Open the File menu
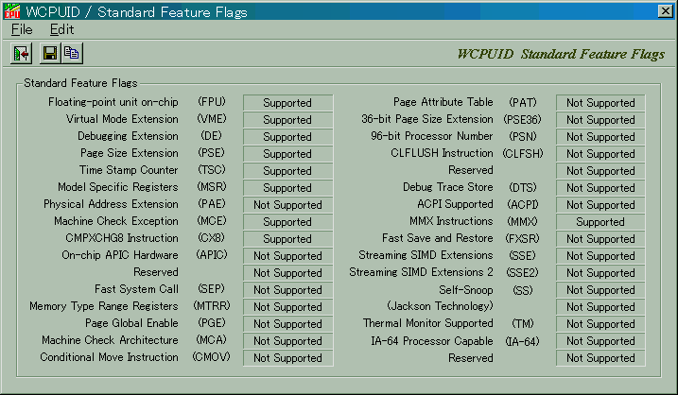(x=22, y=29)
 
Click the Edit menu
(x=61, y=29)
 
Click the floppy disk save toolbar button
(x=50, y=54)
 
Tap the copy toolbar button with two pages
(x=72, y=54)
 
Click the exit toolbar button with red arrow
(x=21, y=54)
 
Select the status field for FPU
(x=287, y=103)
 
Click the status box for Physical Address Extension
(x=287, y=205)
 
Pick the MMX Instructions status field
(x=600, y=222)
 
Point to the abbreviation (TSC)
(x=212, y=170)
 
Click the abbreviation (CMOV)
(x=212, y=357)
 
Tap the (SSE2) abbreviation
(x=522, y=272)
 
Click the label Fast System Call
(x=136, y=288)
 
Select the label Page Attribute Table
(x=443, y=102)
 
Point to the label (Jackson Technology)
(x=441, y=306)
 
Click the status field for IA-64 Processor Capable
(x=600, y=341)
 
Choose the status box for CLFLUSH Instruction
(x=600, y=154)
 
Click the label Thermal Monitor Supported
(x=428, y=323)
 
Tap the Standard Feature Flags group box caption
(x=80, y=82)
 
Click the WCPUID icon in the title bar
(x=12, y=11)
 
